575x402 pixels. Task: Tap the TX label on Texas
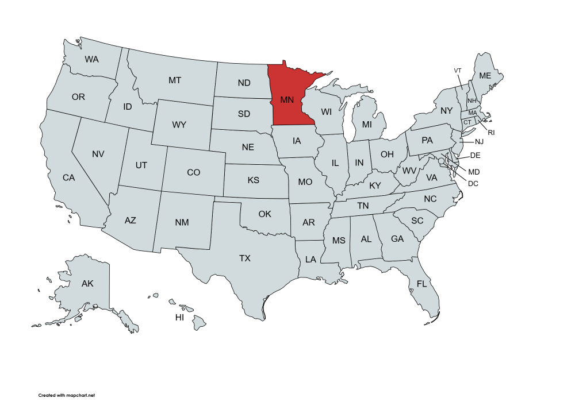coord(245,258)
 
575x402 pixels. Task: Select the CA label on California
coord(69,178)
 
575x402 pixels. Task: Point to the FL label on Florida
coord(422,284)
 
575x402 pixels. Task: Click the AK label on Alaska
coord(87,283)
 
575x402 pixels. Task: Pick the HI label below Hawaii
coord(180,318)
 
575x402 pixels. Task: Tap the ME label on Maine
coord(485,76)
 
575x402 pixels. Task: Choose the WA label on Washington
coord(91,59)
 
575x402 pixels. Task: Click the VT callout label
coord(458,71)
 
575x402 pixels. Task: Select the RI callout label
coord(492,133)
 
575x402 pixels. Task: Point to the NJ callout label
coord(480,142)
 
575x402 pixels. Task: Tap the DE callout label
coord(475,156)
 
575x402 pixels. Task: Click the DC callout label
coord(473,184)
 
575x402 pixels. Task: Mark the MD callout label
coord(474,172)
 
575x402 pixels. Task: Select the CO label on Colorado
coord(194,172)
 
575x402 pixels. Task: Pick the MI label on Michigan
coord(367,124)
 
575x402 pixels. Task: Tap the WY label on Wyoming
coord(179,125)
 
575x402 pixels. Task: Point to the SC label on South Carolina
coord(417,221)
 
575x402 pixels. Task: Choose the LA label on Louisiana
coord(310,259)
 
